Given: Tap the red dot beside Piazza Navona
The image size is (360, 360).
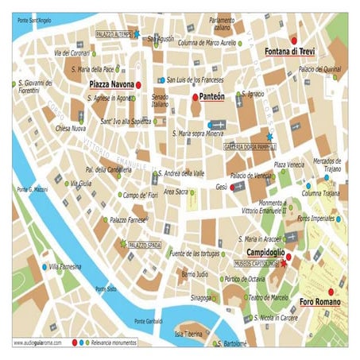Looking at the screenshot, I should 138,83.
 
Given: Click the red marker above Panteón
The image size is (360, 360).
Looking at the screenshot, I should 195,98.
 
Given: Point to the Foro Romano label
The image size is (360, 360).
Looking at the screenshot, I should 320,302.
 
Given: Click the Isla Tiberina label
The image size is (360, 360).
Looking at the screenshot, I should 190,333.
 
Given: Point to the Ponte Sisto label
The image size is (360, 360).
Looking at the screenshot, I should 105,288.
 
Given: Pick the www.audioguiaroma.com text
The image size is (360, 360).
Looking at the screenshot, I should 38,343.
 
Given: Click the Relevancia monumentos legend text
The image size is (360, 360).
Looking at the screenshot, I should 112,343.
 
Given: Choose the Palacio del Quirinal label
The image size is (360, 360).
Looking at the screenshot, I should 319,69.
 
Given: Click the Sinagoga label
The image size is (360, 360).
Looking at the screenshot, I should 180,298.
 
